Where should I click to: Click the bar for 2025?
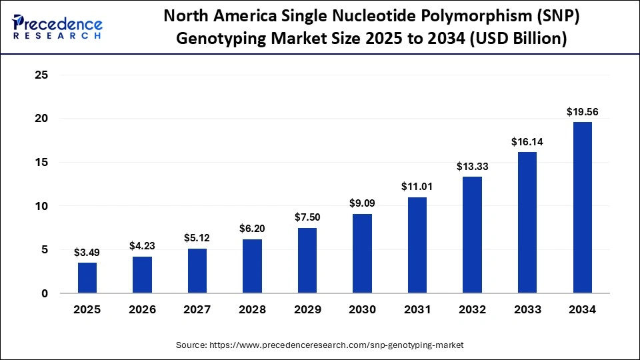click(87, 277)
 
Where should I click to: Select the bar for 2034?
click(582, 207)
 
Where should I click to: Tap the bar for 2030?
click(362, 253)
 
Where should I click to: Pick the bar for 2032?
click(472, 235)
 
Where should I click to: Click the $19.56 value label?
click(582, 112)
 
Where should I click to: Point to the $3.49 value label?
click(87, 252)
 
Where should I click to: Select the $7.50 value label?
click(307, 217)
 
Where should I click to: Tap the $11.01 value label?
click(417, 187)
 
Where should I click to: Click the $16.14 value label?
click(527, 141)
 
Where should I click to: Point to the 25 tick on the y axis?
click(41, 75)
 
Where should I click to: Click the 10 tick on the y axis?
click(41, 206)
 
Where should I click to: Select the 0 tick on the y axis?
click(45, 293)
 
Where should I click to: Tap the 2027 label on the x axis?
click(197, 310)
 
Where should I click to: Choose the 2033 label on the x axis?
click(527, 310)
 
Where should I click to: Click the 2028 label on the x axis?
click(252, 310)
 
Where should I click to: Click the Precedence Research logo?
click(57, 27)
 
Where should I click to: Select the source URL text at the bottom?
click(319, 345)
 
